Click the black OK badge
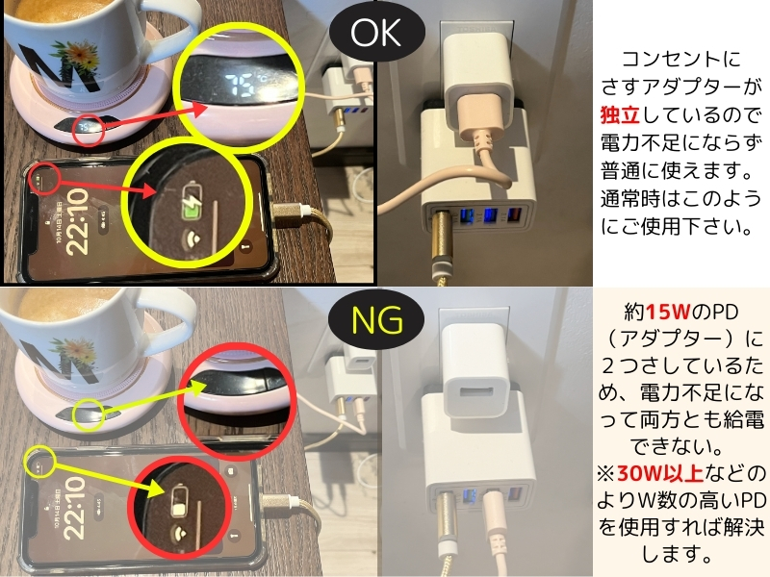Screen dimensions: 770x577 point(376,33)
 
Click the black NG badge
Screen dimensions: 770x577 point(376,320)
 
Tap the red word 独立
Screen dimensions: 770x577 point(620,114)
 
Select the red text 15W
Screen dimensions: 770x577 point(668,312)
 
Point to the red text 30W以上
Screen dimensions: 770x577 point(660,473)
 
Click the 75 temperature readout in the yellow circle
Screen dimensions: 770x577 point(242,84)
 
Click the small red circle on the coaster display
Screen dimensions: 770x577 point(89,132)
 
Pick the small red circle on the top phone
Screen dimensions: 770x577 point(45,179)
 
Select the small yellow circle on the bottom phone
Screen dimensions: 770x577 point(39,463)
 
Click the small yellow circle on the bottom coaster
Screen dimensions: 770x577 point(89,415)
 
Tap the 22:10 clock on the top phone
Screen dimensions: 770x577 point(78,222)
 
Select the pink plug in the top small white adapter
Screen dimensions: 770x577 point(479,117)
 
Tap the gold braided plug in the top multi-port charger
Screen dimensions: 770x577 point(441,236)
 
